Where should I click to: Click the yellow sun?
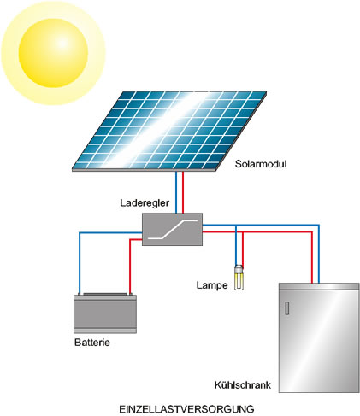(53, 53)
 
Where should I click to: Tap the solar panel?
(169, 132)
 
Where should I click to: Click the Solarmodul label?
(261, 164)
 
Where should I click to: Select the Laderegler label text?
(145, 203)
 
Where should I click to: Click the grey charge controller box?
(172, 229)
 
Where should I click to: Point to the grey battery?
(105, 313)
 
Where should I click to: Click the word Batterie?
(92, 342)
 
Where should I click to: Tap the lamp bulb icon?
(239, 278)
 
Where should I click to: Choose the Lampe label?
(212, 285)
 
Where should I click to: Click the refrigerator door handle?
(287, 308)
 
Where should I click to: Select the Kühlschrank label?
(242, 385)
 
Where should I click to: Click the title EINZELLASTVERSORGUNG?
(186, 409)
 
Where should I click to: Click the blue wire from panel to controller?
(176, 192)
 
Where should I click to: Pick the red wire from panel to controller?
(183, 192)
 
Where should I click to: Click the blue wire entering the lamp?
(236, 245)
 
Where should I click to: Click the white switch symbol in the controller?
(171, 229)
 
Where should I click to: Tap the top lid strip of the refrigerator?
(319, 286)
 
